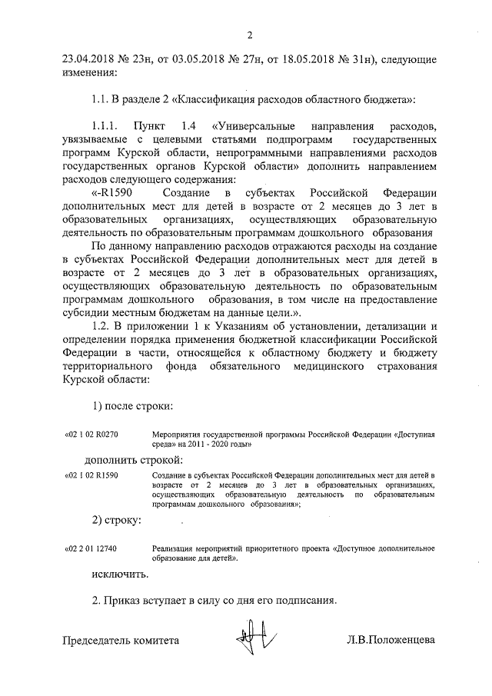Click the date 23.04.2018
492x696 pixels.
89,59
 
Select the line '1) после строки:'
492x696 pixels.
131,405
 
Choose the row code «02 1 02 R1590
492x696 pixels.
91,477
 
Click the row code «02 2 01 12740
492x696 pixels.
91,548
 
